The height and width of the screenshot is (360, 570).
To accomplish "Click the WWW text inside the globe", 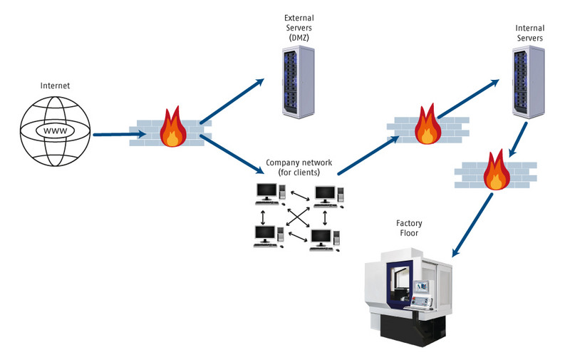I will click(55, 132).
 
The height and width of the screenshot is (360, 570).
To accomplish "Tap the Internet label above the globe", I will click(56, 86).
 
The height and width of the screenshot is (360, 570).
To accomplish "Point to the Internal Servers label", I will click(530, 32).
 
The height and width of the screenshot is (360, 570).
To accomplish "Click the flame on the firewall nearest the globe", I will click(171, 128).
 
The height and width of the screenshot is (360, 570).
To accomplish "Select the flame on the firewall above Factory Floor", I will click(493, 170).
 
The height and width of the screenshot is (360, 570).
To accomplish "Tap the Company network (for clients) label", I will click(299, 168).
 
